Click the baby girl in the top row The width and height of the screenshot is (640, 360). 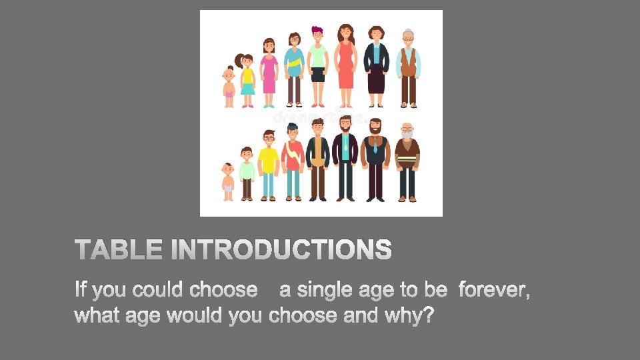pyautogui.click(x=229, y=85)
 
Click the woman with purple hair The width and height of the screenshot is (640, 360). pyautogui.click(x=317, y=64)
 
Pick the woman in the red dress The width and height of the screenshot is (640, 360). pyautogui.click(x=345, y=64)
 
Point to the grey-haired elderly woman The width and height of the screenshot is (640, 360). pyautogui.click(x=408, y=67)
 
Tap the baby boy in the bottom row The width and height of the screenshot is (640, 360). pyautogui.click(x=228, y=181)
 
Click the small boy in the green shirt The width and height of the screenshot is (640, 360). pyautogui.click(x=247, y=173)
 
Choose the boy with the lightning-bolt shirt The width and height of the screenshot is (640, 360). pyautogui.click(x=293, y=161)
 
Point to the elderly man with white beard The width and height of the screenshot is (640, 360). pyautogui.click(x=407, y=160)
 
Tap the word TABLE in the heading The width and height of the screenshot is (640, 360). pyautogui.click(x=119, y=251)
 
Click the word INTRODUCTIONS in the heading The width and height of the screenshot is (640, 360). pyautogui.click(x=281, y=251)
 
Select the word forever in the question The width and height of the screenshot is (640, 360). pyautogui.click(x=495, y=290)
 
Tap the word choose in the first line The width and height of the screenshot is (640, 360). pyautogui.click(x=223, y=290)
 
